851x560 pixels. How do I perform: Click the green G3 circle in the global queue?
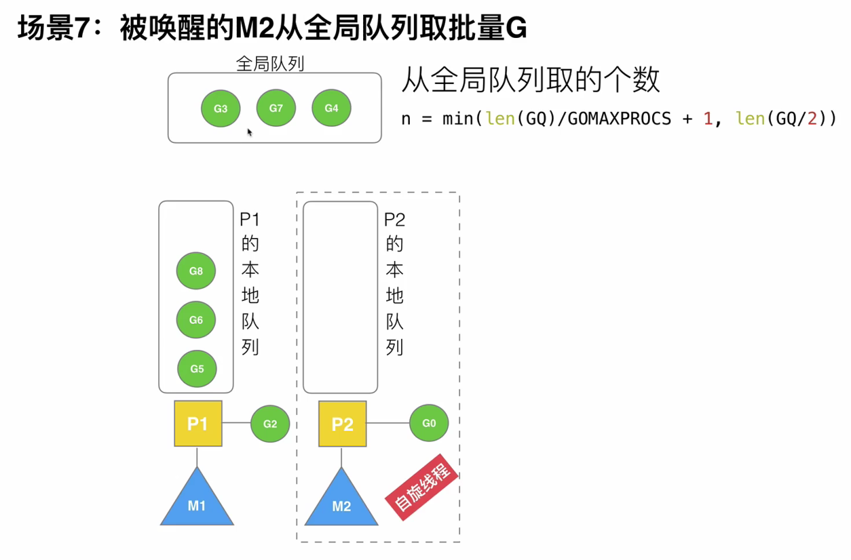[221, 108]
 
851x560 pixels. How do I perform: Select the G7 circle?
[276, 108]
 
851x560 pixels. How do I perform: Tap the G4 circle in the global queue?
[331, 108]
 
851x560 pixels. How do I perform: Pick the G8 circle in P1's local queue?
[196, 271]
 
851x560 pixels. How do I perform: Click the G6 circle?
[196, 320]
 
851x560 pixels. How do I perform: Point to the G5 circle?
[197, 369]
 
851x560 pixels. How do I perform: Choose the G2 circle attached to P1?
[270, 424]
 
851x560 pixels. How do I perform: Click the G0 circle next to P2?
[429, 423]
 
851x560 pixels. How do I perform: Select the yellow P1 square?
[197, 424]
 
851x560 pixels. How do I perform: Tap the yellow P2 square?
[342, 424]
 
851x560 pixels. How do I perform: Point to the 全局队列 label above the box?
[269, 64]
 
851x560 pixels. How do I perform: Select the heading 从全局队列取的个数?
[530, 80]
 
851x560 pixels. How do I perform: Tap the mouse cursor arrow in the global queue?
[250, 132]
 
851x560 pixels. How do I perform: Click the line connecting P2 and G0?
[387, 423]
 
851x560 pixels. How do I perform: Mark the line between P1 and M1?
[197, 457]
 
